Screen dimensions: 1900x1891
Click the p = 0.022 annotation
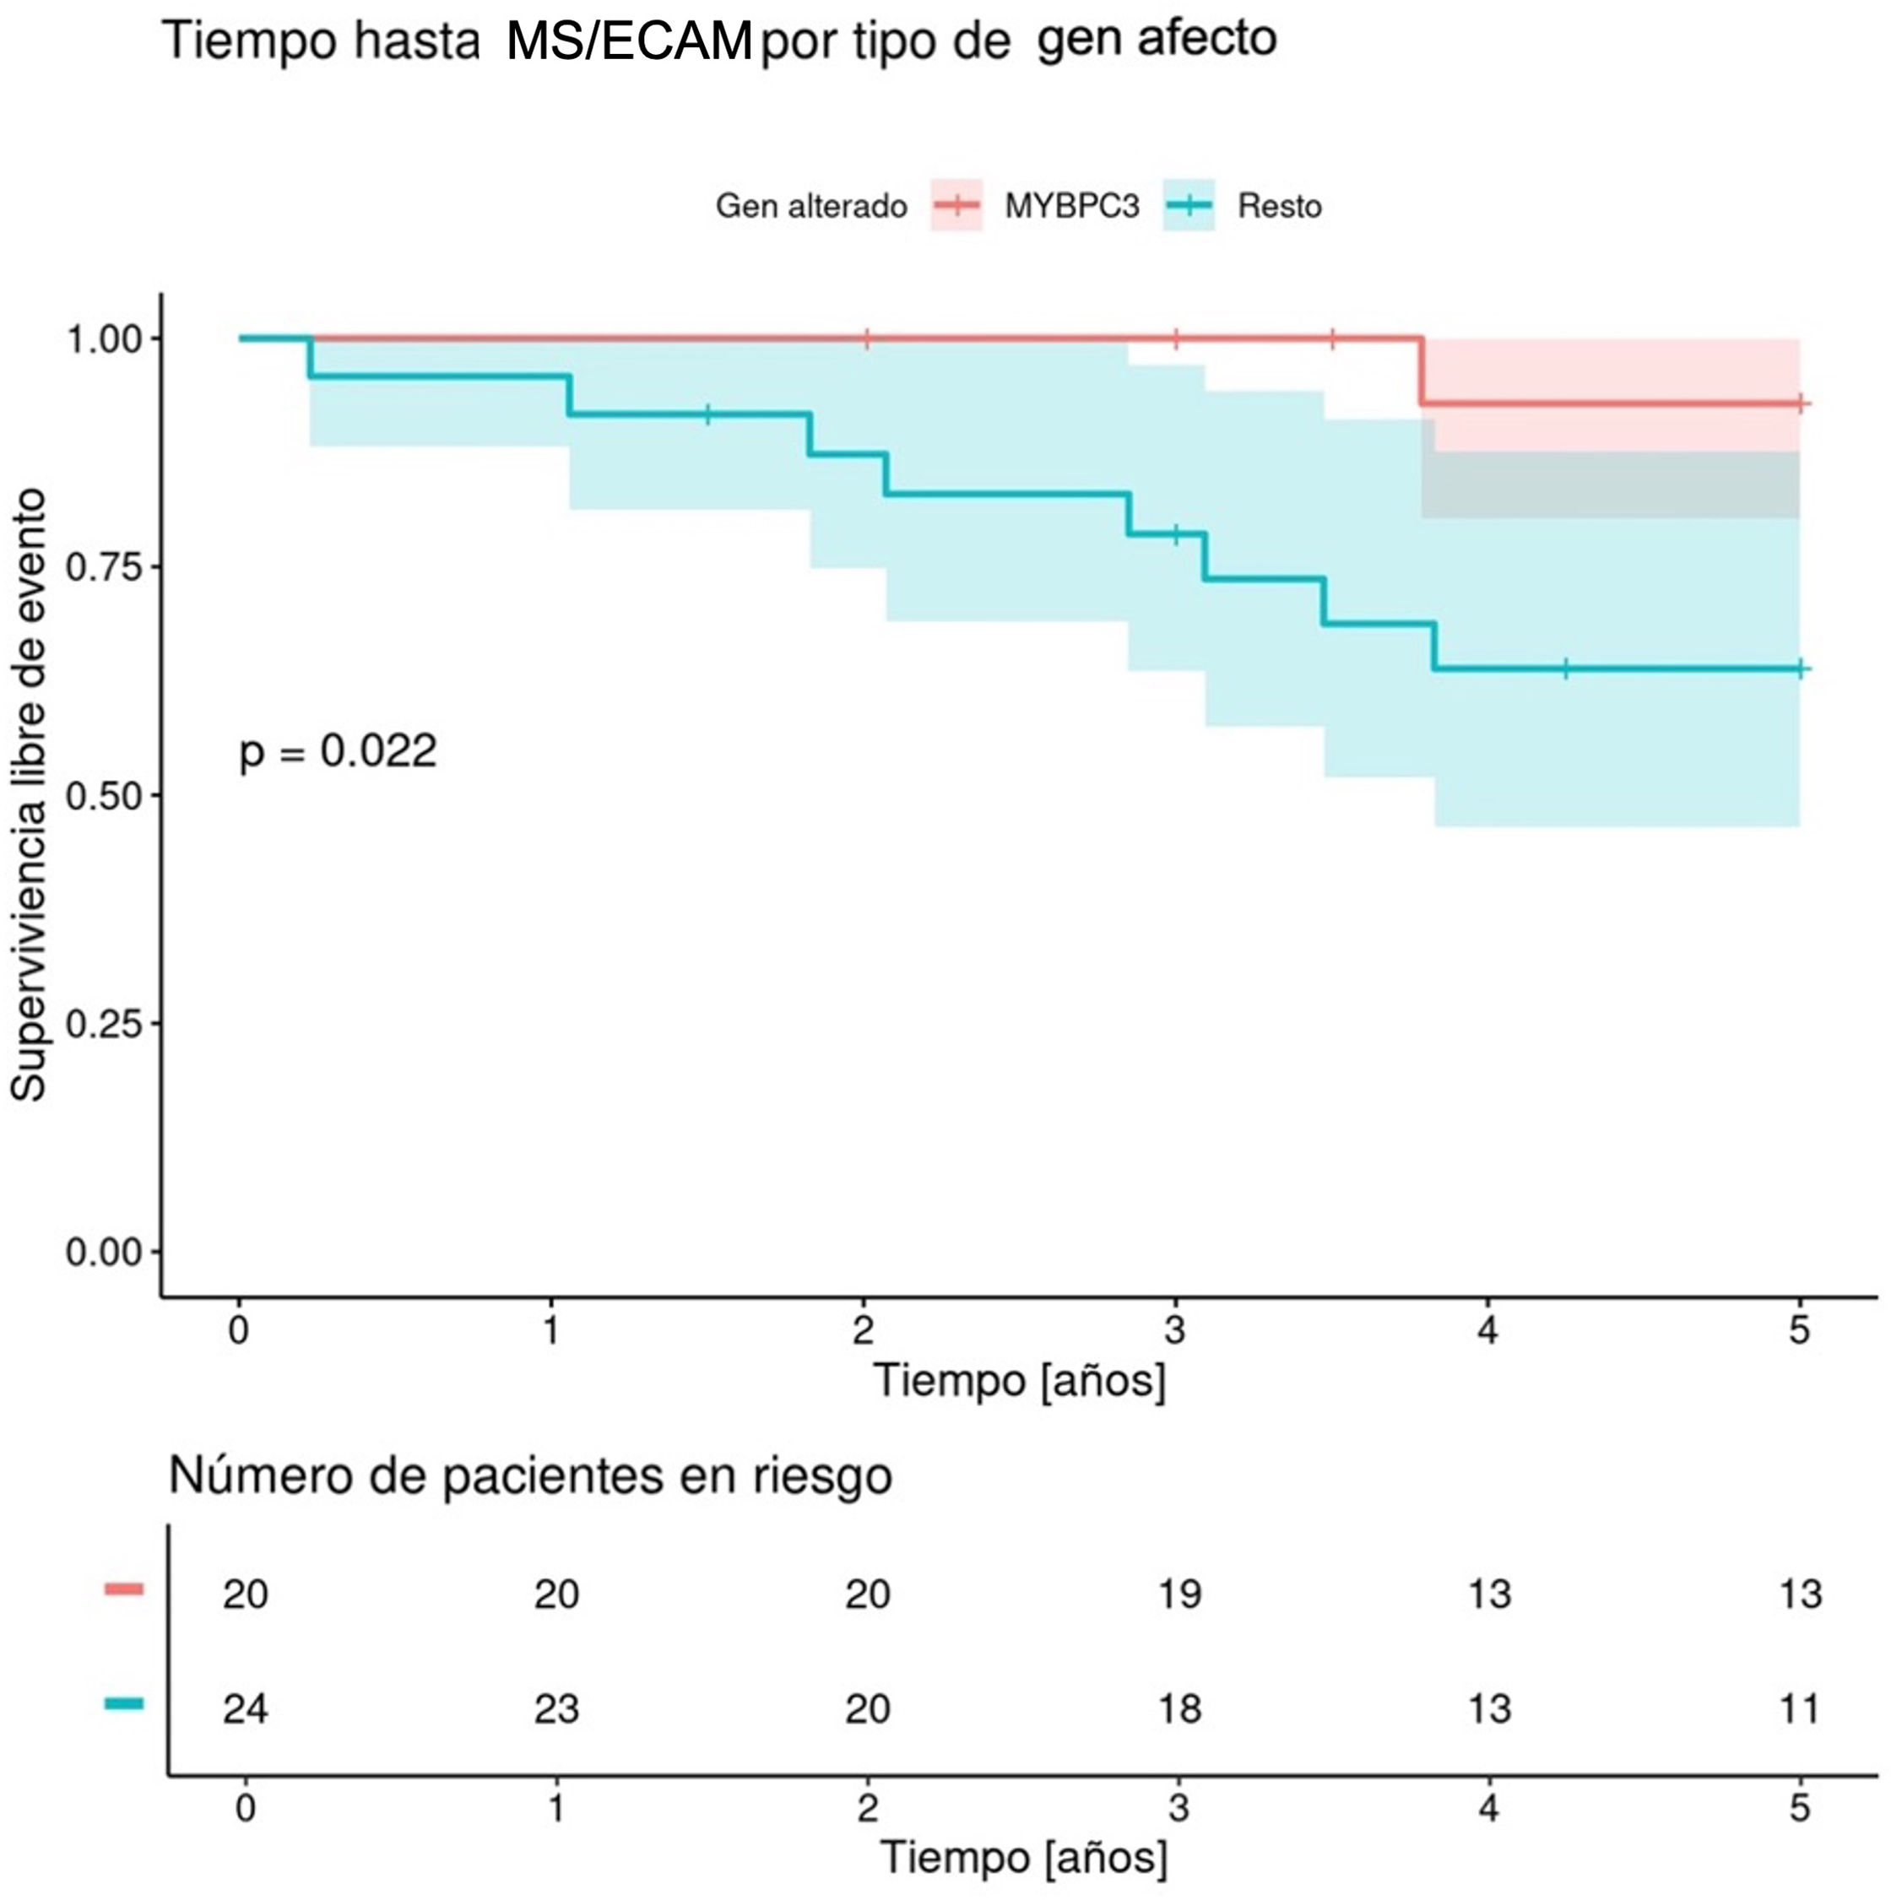(x=339, y=752)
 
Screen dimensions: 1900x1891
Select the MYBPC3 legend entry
(x=1071, y=207)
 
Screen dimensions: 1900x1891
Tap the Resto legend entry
(x=1279, y=207)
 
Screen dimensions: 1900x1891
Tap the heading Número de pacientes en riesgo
(x=531, y=1475)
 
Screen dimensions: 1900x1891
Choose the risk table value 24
(x=245, y=1709)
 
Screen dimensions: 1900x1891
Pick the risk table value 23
(x=556, y=1709)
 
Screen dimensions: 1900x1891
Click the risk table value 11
(x=1800, y=1709)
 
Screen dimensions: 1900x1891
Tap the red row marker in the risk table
(x=124, y=1589)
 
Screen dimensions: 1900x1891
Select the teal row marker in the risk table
(x=124, y=1703)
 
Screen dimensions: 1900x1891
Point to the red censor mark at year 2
(x=866, y=339)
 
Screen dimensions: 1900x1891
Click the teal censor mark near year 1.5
(x=707, y=414)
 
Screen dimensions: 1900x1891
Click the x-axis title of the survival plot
(x=1020, y=1380)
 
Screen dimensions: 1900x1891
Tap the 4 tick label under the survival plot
(x=1487, y=1330)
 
